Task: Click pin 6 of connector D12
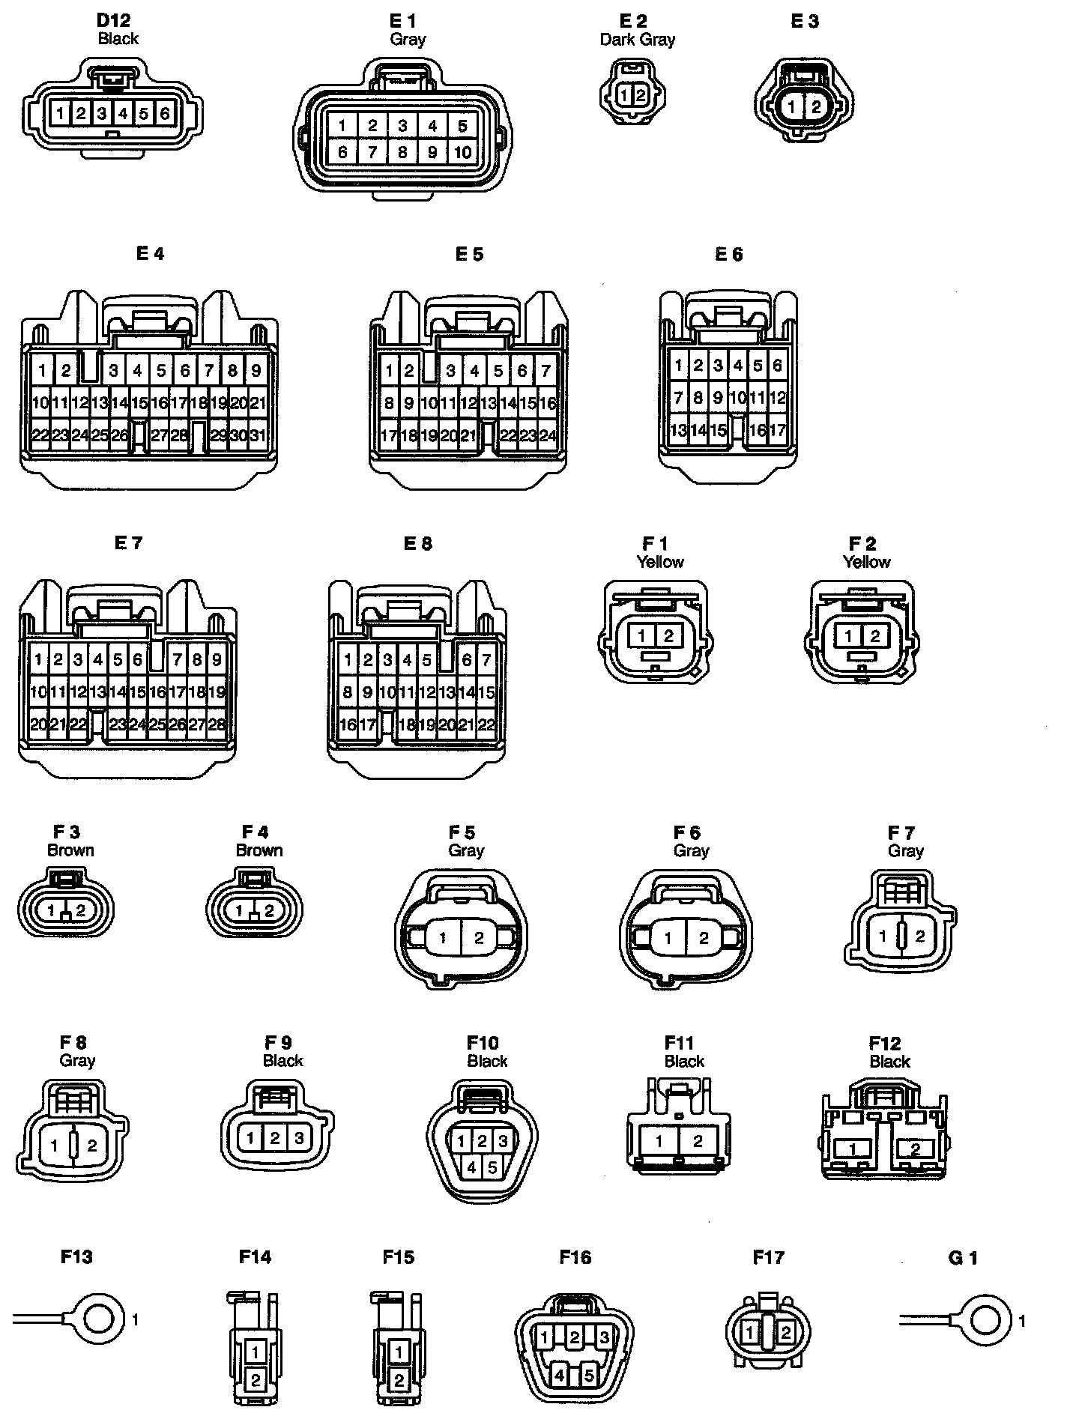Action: (x=165, y=114)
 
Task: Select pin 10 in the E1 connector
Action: (x=462, y=153)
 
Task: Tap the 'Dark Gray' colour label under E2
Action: (x=637, y=40)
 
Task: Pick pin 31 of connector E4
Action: (x=257, y=435)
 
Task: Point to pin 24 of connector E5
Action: (x=548, y=435)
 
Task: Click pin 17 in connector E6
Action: (x=777, y=430)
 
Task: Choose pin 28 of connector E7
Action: (x=217, y=724)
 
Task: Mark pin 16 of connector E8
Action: (x=348, y=724)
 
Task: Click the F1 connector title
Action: (x=654, y=543)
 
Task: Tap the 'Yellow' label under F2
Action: (x=867, y=562)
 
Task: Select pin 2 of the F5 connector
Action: (x=479, y=938)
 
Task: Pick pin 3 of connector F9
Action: (x=299, y=1138)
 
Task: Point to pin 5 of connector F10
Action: (x=492, y=1167)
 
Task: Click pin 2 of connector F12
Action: (x=915, y=1149)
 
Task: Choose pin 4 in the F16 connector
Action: (x=559, y=1376)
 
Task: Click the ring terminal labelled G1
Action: (x=986, y=1320)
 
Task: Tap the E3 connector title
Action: (x=805, y=22)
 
